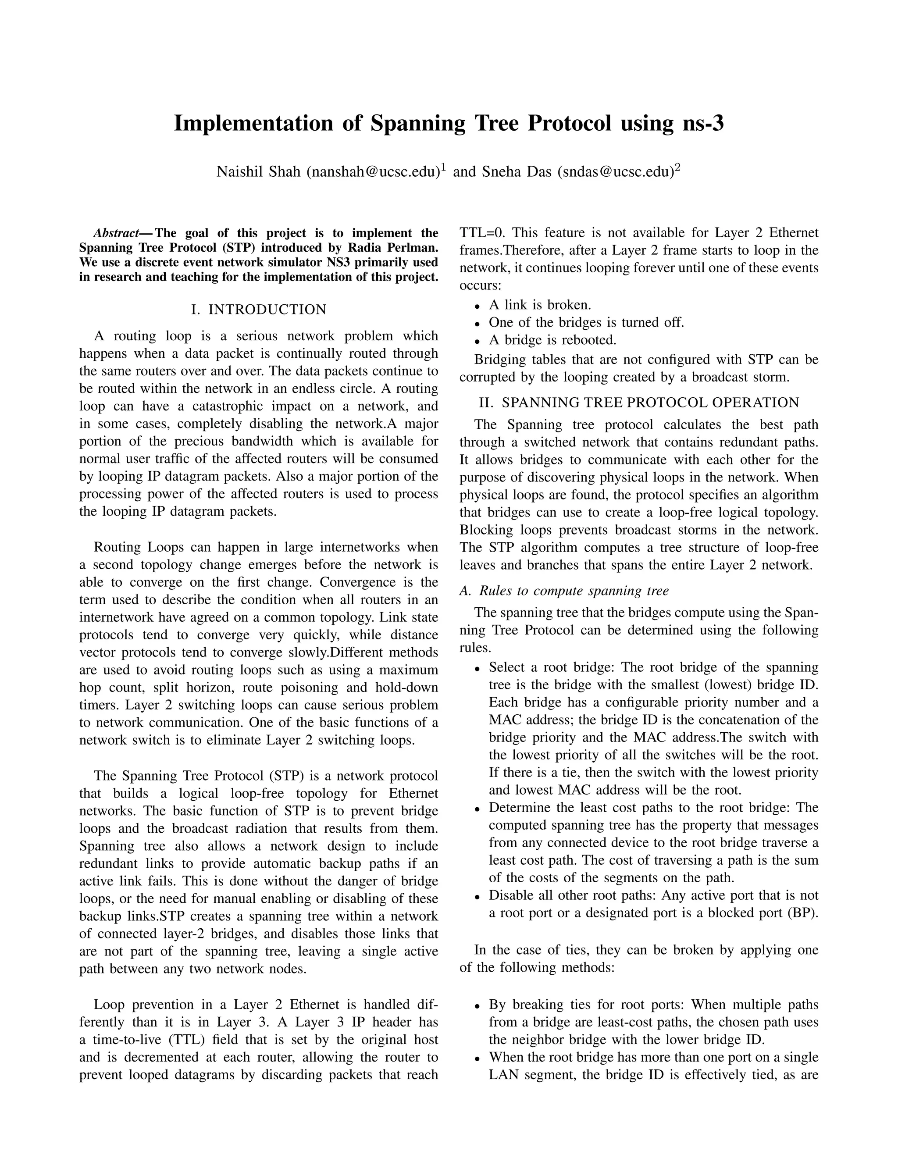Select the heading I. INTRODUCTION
pos(259,310)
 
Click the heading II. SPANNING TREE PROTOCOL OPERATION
pos(639,403)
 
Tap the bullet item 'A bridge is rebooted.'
pos(552,340)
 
